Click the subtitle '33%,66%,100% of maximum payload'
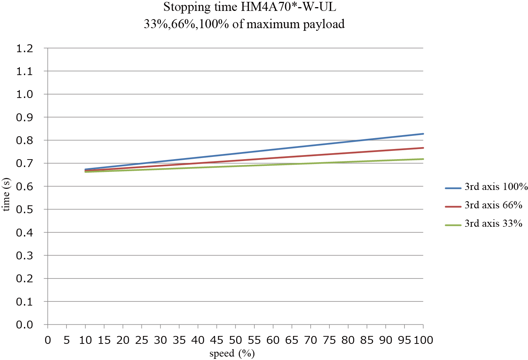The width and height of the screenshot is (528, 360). tap(244, 24)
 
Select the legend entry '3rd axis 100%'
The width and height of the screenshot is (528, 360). tap(496, 187)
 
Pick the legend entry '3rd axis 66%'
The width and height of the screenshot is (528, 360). tap(493, 205)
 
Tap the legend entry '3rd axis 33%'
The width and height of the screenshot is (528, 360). tap(493, 224)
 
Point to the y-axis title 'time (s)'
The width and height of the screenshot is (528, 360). tap(6, 194)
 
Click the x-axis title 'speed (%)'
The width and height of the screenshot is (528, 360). tap(232, 353)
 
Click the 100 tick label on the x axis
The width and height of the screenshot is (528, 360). tap(423, 340)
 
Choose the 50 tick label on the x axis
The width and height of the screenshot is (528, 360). tap(235, 340)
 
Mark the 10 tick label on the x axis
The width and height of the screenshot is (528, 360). tap(85, 340)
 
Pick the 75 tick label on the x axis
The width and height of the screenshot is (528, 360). tap(329, 340)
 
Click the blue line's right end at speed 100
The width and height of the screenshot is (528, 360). tap(423, 134)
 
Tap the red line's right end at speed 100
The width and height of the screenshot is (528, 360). tap(423, 148)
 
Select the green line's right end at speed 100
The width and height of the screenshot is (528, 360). tap(423, 159)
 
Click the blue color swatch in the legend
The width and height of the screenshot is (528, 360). tap(453, 188)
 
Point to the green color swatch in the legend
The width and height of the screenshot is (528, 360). tap(453, 225)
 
